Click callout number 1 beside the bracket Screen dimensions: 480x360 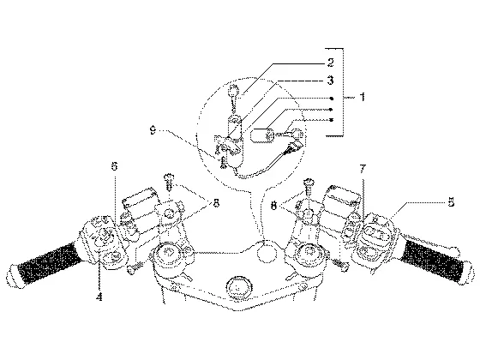pos(363,97)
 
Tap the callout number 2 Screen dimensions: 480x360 pos(330,63)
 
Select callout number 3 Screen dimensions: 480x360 pos(330,81)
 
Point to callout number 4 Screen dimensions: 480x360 pos(99,297)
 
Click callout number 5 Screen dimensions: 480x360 pos(451,202)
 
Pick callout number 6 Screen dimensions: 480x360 pos(114,166)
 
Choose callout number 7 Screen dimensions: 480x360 pos(363,169)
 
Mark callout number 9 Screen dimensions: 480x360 pos(153,130)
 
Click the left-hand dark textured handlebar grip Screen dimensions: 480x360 pos(49,262)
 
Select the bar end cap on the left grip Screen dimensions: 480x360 pos(14,276)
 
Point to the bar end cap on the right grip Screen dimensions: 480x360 pos(467,273)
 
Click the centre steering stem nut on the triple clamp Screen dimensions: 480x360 pos(238,288)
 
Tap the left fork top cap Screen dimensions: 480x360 pos(168,253)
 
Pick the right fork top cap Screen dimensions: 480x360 pos(308,253)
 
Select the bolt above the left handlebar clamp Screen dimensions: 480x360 pos(169,182)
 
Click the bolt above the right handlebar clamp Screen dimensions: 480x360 pos(309,187)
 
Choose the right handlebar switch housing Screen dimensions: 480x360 pos(376,242)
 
